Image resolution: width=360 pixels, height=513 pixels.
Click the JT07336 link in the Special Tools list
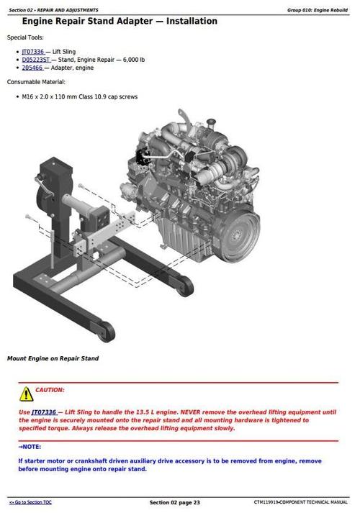[33, 53]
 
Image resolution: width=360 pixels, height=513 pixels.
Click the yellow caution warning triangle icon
[26, 394]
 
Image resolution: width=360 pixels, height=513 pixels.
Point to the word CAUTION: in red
[50, 390]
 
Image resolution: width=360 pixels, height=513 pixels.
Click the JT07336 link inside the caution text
[43, 412]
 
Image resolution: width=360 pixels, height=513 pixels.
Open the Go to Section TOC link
[30, 501]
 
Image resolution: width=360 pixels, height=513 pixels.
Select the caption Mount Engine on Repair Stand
[53, 358]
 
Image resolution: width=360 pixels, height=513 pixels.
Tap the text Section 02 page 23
[174, 501]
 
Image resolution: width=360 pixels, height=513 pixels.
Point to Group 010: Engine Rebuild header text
[318, 10]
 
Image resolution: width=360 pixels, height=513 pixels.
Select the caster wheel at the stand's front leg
[107, 330]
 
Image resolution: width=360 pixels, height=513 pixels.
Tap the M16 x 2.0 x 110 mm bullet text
[76, 96]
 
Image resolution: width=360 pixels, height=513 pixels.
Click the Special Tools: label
[25, 37]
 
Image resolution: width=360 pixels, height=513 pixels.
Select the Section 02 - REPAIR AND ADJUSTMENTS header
[54, 10]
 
